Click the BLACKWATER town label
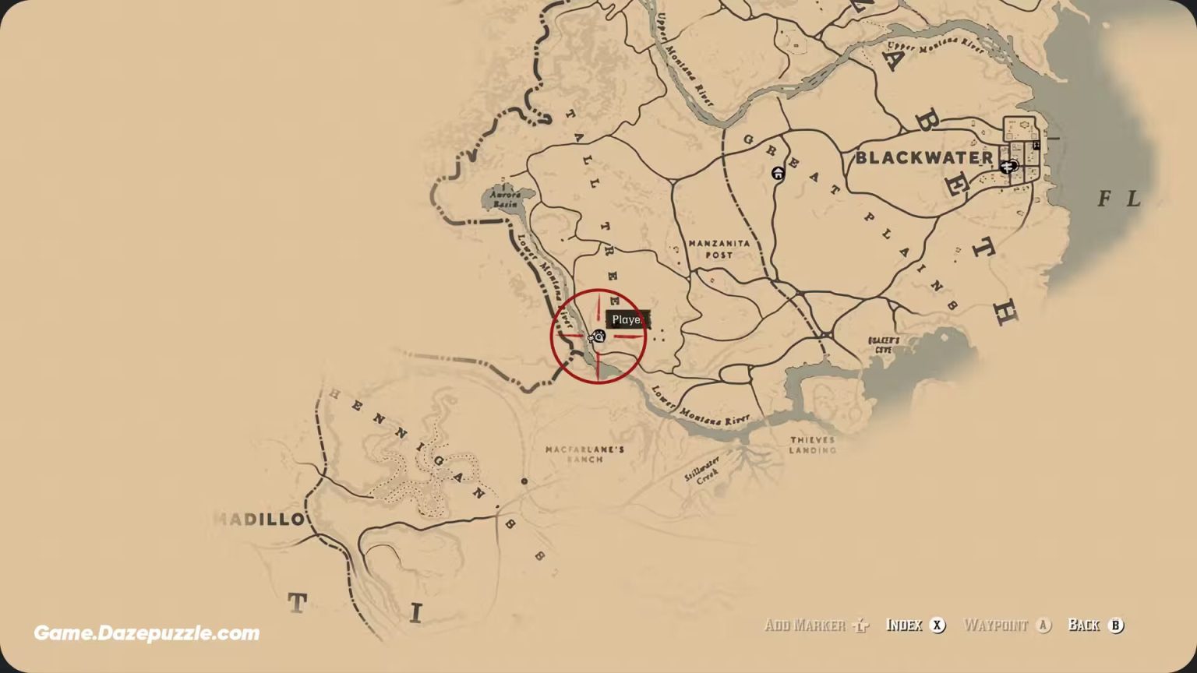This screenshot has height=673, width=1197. [x=924, y=157]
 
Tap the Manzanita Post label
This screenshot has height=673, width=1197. [x=719, y=249]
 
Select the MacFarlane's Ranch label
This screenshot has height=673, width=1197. [x=584, y=454]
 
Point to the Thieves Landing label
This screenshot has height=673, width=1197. [x=812, y=445]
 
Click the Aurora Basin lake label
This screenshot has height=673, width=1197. [x=504, y=199]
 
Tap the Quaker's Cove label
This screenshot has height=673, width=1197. [x=884, y=345]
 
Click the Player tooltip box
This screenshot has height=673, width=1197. [x=627, y=319]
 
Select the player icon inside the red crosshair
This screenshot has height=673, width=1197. [x=598, y=336]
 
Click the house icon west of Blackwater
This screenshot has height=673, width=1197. [x=778, y=173]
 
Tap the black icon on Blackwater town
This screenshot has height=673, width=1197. [x=1011, y=166]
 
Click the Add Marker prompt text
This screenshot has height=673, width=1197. [x=805, y=625]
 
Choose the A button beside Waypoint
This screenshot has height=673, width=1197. [x=1043, y=625]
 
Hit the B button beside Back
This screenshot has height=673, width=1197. [x=1116, y=625]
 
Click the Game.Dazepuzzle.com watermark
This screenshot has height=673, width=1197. [x=147, y=633]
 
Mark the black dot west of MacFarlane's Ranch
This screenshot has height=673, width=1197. [x=524, y=481]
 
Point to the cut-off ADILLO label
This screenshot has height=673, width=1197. [x=259, y=520]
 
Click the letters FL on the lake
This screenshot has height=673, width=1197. [x=1119, y=199]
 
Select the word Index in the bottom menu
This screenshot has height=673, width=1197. [x=904, y=625]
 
